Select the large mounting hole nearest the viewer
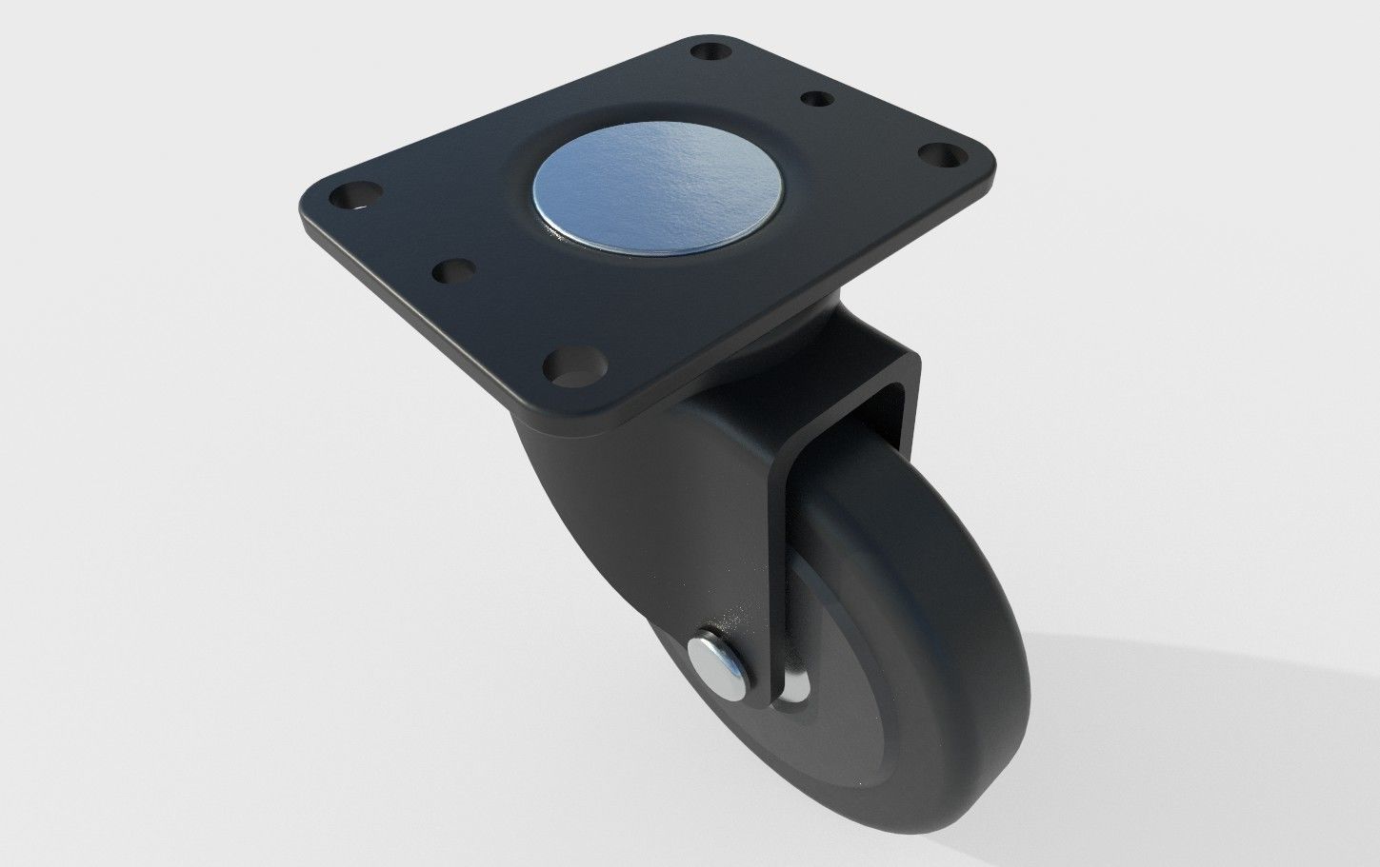point(575,369)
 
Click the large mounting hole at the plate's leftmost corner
point(350,195)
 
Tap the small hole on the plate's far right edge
point(818,99)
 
